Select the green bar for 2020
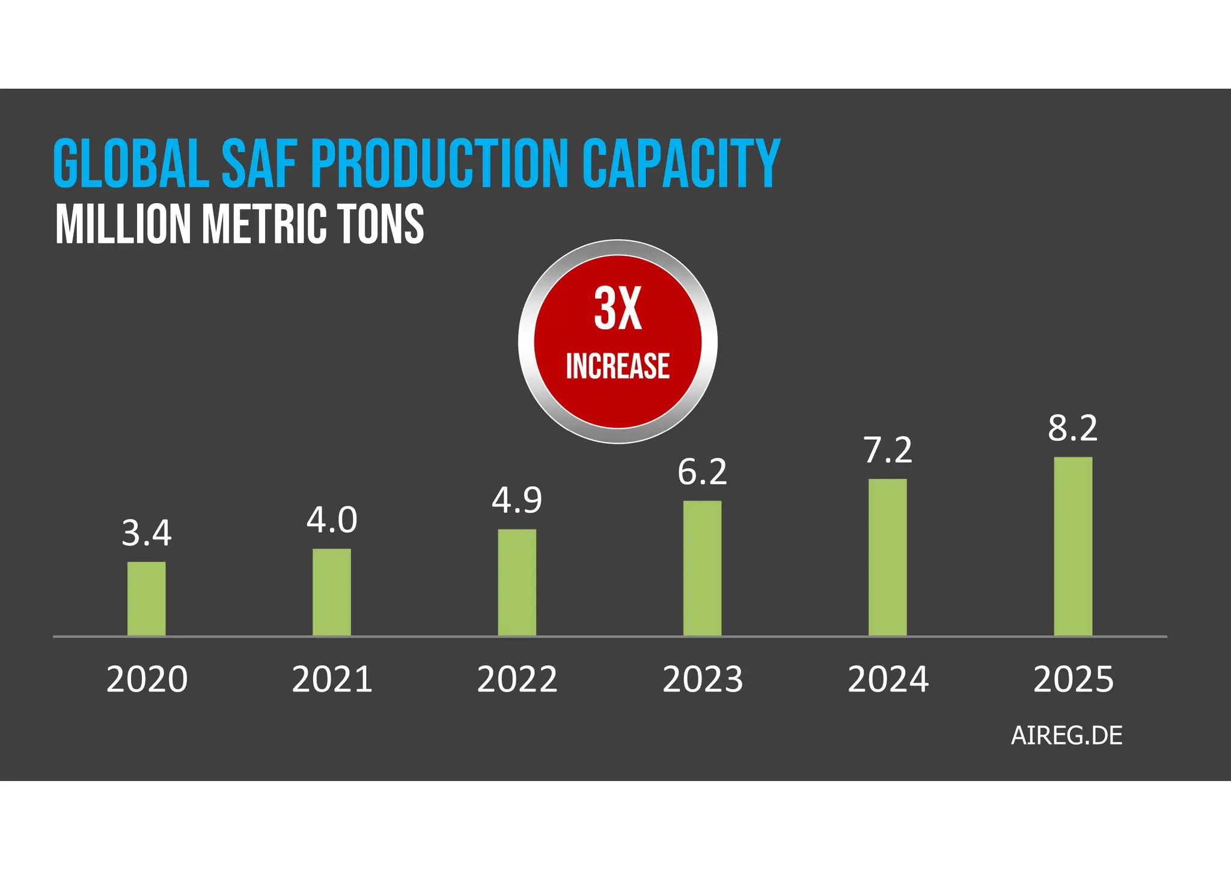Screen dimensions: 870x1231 pos(146,598)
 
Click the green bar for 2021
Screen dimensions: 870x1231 pos(332,592)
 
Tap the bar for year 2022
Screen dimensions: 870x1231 pos(517,582)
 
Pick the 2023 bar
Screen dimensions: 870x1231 pos(702,568)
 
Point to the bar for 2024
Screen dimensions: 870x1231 pos(888,557)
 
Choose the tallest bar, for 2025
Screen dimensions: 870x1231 pos(1073,546)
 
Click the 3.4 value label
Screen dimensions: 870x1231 pos(146,534)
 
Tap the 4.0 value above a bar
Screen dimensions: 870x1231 pos(332,520)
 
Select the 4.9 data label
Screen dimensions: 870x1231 pos(517,500)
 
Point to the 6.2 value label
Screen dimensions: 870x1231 pos(702,472)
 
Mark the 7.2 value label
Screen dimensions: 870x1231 pos(888,451)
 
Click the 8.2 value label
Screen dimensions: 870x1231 pos(1073,429)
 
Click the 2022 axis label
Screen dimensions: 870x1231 pos(517,680)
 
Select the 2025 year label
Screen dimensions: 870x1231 pos(1073,680)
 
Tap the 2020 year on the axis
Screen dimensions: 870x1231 pos(147,680)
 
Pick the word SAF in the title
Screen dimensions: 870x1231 pos(259,164)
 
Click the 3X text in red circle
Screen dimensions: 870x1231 pos(617,309)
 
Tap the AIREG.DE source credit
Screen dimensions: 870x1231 pos(1066,736)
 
